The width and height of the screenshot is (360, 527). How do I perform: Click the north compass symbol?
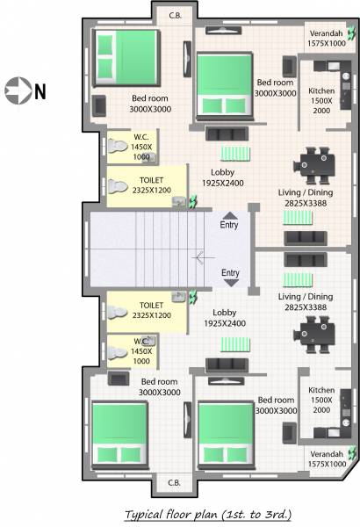pos(17,90)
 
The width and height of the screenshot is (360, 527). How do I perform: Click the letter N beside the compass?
pos(40,90)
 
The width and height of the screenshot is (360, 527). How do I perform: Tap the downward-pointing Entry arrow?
pos(231,282)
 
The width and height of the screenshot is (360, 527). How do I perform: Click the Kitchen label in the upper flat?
pos(321,91)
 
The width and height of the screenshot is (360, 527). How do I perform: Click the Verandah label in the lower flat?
pos(324,454)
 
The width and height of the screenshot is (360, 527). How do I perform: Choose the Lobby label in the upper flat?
pos(223,172)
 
